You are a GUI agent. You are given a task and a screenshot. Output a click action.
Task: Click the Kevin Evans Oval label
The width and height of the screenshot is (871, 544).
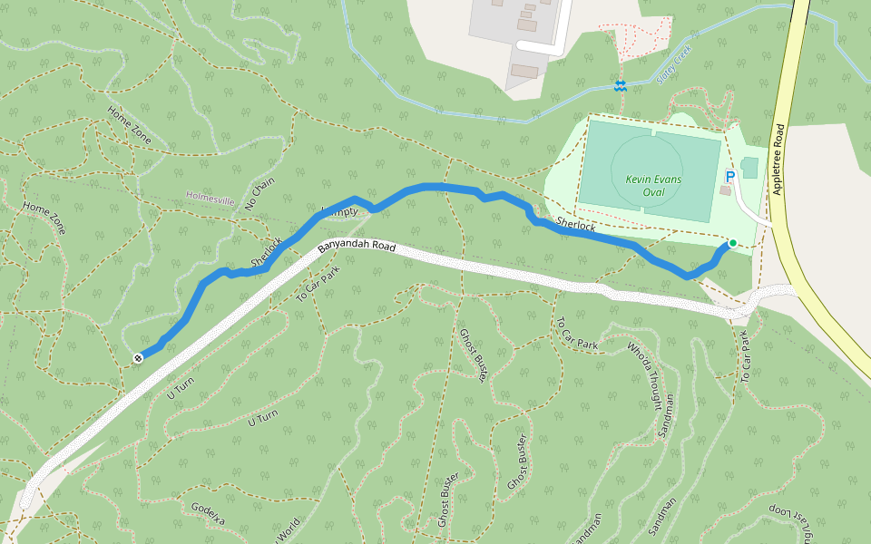[651, 186]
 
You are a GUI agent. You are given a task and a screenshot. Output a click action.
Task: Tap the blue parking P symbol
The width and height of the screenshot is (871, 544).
[729, 178]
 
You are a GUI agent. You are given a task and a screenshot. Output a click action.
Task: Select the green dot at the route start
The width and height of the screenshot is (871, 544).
[732, 243]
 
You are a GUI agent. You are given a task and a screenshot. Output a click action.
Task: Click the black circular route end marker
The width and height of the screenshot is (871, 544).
[138, 358]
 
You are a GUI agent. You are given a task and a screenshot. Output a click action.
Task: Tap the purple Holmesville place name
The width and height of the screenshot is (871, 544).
[210, 195]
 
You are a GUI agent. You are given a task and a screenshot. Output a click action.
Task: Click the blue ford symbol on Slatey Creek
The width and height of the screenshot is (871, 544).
[620, 85]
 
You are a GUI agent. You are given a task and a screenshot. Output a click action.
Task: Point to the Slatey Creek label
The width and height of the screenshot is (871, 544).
[672, 63]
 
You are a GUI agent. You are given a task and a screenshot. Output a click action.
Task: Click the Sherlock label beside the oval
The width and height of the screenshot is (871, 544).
[575, 224]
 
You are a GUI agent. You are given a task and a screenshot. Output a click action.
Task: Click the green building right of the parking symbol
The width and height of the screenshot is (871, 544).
[749, 167]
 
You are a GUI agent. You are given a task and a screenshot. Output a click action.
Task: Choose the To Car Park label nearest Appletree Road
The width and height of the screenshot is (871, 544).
[747, 355]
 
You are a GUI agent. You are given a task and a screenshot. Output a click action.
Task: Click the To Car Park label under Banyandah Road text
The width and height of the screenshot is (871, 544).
[318, 285]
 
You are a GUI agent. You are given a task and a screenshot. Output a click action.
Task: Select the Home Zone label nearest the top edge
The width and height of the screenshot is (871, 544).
[129, 126]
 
